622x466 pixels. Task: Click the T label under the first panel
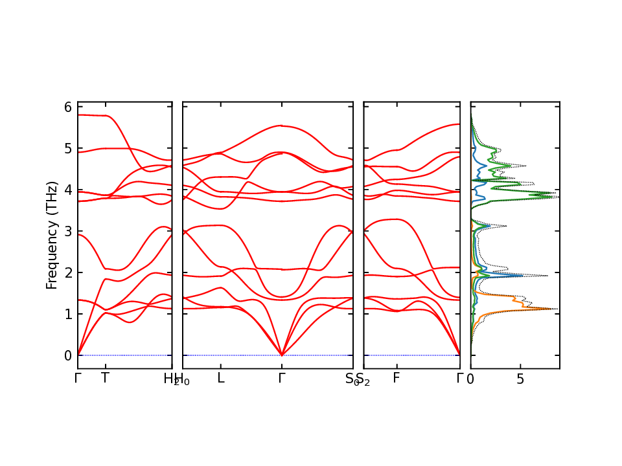point(105,379)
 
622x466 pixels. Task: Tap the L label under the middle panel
point(221,379)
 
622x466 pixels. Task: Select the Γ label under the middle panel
point(281,379)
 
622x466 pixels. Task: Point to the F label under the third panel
point(397,379)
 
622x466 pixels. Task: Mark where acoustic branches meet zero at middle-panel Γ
point(281,355)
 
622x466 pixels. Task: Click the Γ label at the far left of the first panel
point(77,379)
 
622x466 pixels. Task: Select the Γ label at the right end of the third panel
point(459,379)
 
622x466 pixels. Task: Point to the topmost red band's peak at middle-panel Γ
point(281,126)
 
